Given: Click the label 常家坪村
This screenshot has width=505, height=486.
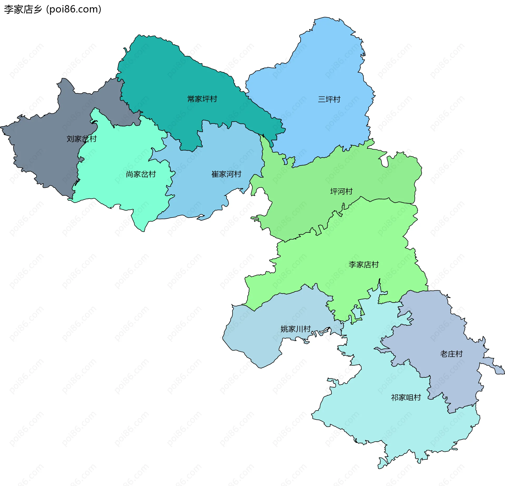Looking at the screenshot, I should pyautogui.click(x=202, y=99).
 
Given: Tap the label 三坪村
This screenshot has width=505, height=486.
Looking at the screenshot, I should pyautogui.click(x=329, y=99).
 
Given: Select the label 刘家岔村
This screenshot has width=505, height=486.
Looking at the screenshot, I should pyautogui.click(x=82, y=139).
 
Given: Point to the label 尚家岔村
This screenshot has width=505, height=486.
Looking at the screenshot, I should pyautogui.click(x=141, y=174).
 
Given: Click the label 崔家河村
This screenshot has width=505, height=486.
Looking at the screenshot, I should pyautogui.click(x=226, y=174).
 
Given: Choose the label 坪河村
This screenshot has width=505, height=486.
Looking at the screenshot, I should pyautogui.click(x=341, y=191).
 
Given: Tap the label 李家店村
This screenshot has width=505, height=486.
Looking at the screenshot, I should pyautogui.click(x=363, y=265).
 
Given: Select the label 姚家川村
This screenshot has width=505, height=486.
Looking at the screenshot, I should pyautogui.click(x=296, y=329).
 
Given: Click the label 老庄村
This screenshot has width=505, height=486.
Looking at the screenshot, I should pyautogui.click(x=451, y=354).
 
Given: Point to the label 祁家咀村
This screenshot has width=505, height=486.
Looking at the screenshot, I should pyautogui.click(x=406, y=397).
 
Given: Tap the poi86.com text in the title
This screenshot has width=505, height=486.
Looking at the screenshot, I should pyautogui.click(x=74, y=9).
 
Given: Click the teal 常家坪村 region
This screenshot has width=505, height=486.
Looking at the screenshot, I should pyautogui.click(x=168, y=79).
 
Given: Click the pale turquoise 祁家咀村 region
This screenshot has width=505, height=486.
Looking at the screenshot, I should pyautogui.click(x=381, y=421).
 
